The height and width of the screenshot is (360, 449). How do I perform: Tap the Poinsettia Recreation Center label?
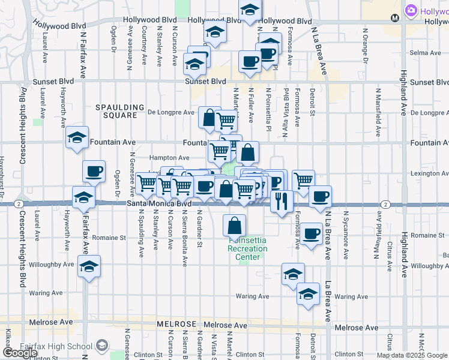(247, 248)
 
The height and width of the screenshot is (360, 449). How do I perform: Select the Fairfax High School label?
(59, 346)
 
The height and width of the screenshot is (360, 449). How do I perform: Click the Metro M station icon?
(394, 18)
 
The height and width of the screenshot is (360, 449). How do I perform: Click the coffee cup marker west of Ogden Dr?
(94, 172)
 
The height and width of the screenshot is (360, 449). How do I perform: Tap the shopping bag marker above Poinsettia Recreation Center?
(235, 226)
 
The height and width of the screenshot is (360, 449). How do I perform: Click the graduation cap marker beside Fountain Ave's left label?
(77, 139)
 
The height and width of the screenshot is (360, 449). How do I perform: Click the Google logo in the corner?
(20, 353)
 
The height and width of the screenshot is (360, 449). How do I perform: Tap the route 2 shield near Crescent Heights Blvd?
(20, 204)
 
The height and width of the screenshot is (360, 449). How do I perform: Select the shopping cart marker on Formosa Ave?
(304, 179)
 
